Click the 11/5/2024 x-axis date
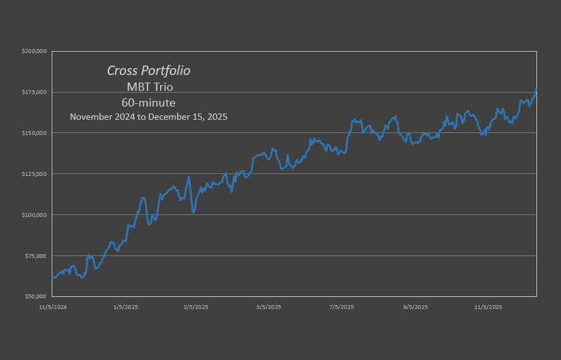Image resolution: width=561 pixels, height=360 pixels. (53, 307)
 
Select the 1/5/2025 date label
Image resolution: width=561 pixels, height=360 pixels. (125, 307)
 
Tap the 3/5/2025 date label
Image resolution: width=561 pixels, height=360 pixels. (196, 307)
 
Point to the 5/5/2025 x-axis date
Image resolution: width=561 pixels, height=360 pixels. (269, 307)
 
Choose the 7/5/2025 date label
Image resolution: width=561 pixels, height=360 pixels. (342, 307)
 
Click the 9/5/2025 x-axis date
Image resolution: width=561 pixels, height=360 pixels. (415, 307)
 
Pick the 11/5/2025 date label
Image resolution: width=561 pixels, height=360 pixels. (488, 307)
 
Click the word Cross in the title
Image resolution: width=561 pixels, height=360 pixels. (122, 71)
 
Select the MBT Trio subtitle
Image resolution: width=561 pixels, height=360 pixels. (149, 87)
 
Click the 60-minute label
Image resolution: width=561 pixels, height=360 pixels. (149, 102)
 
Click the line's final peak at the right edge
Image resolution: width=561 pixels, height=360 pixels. (536, 90)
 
